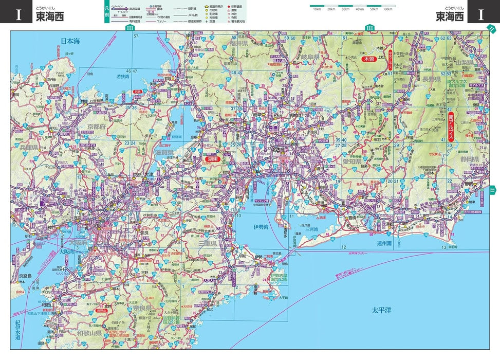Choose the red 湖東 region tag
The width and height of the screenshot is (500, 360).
pos(213,159)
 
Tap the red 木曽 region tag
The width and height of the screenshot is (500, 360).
pos(369,59)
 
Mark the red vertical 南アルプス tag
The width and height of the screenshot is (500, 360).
pos(451,128)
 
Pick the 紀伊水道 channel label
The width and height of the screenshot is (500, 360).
pos(17,331)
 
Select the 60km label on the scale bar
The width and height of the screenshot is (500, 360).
pos(387,10)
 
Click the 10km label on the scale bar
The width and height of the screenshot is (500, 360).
pos(317,10)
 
